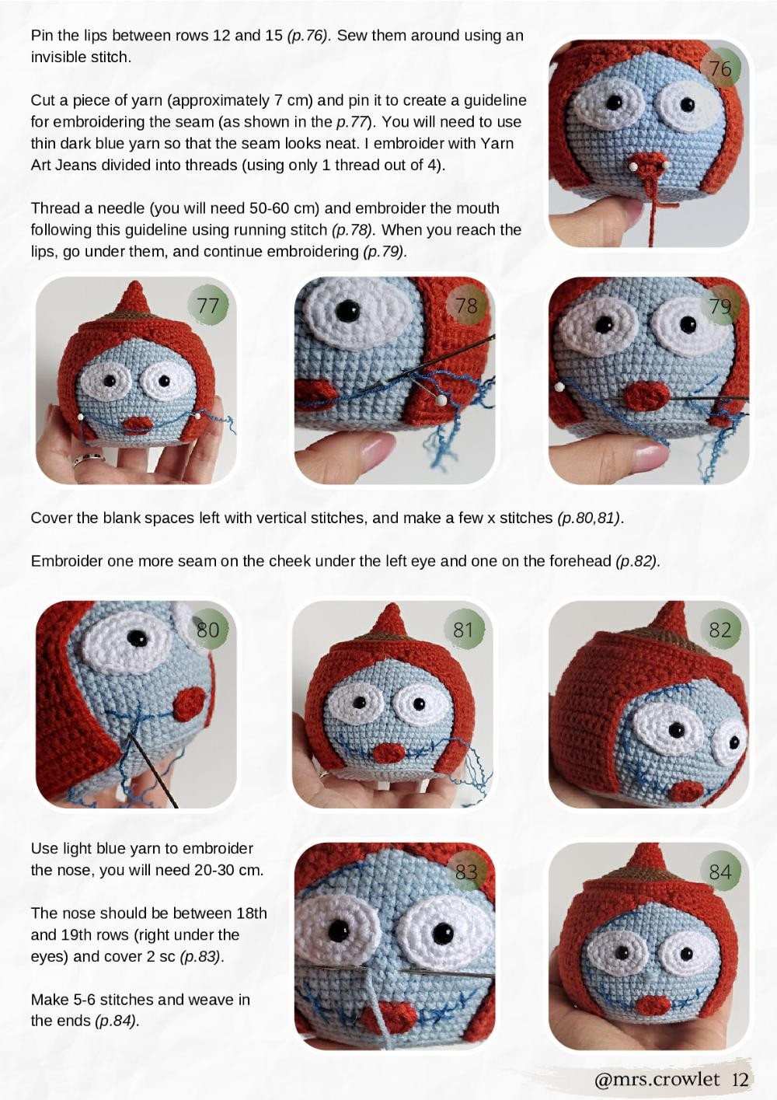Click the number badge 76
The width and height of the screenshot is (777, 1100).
coord(720,68)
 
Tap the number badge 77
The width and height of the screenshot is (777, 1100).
coord(207,306)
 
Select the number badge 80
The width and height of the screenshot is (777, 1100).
coord(207,629)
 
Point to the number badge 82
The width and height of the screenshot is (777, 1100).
coord(720,629)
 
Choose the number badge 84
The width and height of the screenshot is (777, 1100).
coord(720,871)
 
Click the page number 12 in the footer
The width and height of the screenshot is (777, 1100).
coord(740,1079)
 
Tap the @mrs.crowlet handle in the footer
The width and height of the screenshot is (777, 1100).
coord(657,1079)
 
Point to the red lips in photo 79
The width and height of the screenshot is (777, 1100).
coord(646,395)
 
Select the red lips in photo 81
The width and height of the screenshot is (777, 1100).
coord(388,753)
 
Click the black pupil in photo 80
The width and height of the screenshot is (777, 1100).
coord(137,638)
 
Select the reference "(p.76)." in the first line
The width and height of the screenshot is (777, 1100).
coord(308,35)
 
